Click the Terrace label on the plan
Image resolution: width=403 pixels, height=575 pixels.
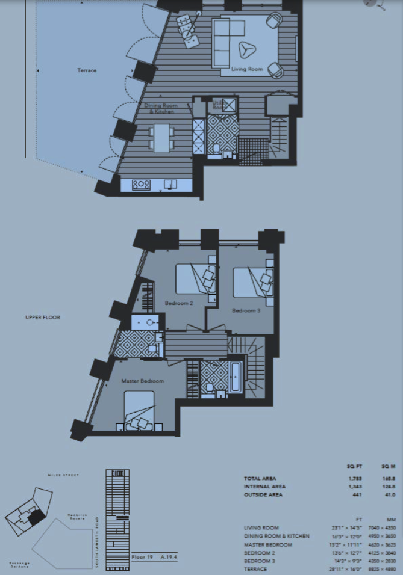click(87, 70)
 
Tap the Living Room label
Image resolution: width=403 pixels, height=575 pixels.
click(248, 69)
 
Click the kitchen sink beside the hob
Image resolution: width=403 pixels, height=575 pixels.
click(171, 184)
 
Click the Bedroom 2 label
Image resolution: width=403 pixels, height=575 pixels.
click(178, 303)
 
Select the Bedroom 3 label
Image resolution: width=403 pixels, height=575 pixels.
click(246, 310)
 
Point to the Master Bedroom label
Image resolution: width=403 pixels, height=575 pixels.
click(143, 381)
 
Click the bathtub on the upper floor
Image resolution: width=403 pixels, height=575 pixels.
click(236, 377)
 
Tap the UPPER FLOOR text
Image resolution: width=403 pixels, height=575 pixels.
click(43, 317)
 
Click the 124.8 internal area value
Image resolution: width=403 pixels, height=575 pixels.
click(389, 487)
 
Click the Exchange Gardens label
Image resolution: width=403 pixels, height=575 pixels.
click(19, 565)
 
